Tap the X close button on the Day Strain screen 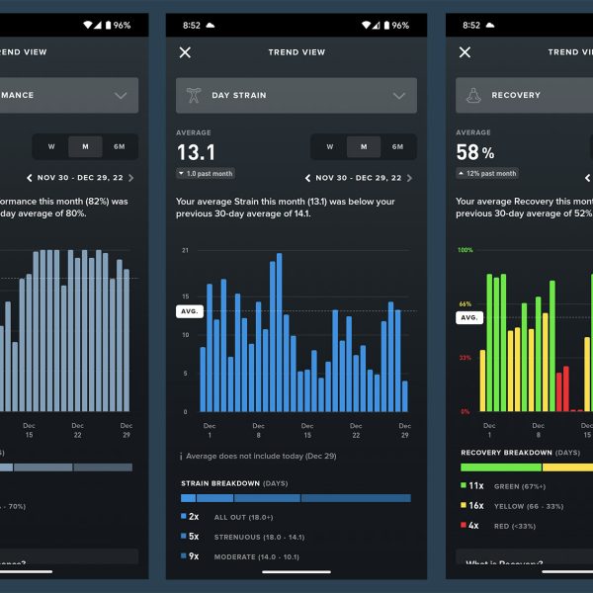click(x=185, y=52)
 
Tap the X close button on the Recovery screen click(x=465, y=52)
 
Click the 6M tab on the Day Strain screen click(x=397, y=147)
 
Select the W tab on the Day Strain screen click(x=329, y=147)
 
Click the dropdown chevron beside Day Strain click(x=399, y=96)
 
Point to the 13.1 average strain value click(x=196, y=152)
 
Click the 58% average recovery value click(x=475, y=152)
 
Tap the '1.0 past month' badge click(x=206, y=174)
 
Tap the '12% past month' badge click(x=487, y=174)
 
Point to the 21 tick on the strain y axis click(x=185, y=251)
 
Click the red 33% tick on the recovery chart click(x=464, y=358)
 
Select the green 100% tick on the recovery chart click(x=466, y=251)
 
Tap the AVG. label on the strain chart click(x=189, y=311)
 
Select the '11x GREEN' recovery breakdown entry click(x=499, y=486)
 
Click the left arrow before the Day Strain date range click(x=307, y=179)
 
